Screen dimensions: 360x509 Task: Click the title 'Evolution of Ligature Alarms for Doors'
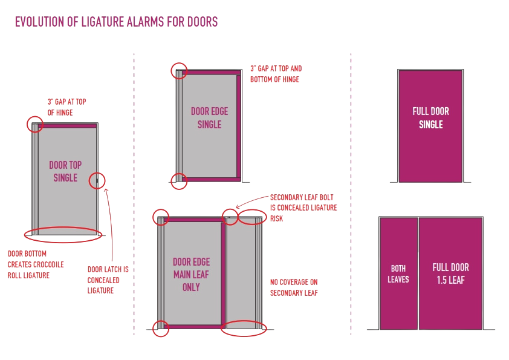pyautogui.click(x=116, y=23)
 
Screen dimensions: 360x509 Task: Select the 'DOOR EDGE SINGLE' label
pyautogui.click(x=209, y=118)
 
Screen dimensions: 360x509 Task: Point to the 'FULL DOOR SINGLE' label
pyautogui.click(x=430, y=118)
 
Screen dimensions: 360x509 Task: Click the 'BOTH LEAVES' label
pyautogui.click(x=398, y=273)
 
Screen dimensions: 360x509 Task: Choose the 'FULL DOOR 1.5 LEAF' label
pyautogui.click(x=450, y=273)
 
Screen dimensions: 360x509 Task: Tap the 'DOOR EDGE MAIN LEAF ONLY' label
pyautogui.click(x=191, y=274)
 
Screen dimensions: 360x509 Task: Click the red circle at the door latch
pyautogui.click(x=98, y=180)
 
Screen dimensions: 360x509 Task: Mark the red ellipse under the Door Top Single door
pyautogui.click(x=61, y=234)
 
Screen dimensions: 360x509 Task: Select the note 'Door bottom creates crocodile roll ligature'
pyautogui.click(x=36, y=264)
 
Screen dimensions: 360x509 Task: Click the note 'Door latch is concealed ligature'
pyautogui.click(x=103, y=280)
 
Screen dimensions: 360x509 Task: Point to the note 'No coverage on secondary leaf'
pyautogui.click(x=294, y=287)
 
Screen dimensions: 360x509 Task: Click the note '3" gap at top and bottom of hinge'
pyautogui.click(x=276, y=74)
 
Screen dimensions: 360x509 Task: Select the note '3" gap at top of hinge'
pyautogui.click(x=66, y=107)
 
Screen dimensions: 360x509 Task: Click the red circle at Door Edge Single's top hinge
pyautogui.click(x=179, y=71)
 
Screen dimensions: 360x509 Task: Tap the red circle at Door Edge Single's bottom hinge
pyautogui.click(x=178, y=181)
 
